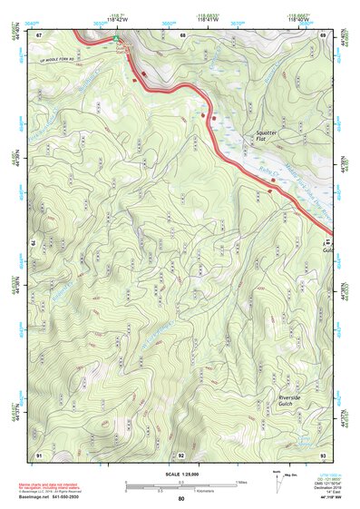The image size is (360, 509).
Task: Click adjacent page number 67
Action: click(x=40, y=34)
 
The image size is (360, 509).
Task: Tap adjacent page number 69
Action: click(x=324, y=34)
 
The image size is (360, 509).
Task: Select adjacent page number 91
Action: click(x=40, y=453)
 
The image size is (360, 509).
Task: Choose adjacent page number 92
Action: click(x=181, y=453)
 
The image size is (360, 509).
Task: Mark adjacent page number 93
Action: click(x=324, y=453)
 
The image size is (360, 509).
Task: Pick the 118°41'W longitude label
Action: click(x=210, y=17)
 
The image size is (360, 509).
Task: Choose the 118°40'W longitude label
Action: click(x=300, y=17)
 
